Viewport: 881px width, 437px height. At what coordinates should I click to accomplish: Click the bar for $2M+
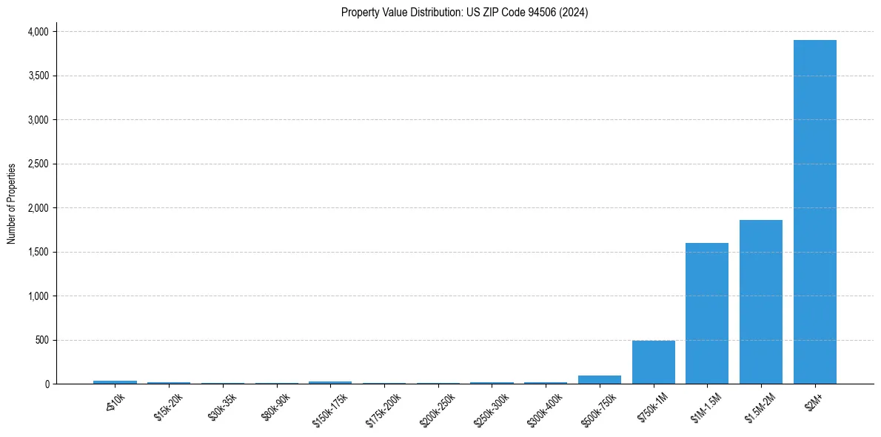814,212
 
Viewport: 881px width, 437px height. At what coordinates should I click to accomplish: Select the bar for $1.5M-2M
760,301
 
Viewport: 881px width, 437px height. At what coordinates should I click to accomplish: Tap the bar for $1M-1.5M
707,313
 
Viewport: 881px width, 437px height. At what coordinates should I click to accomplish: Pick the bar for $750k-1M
653,362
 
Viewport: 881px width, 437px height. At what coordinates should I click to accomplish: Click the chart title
464,13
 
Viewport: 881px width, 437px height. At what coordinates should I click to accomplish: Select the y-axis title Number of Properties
12,204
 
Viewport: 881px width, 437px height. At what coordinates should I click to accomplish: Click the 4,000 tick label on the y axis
38,32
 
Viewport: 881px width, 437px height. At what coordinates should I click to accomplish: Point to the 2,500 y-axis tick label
38,164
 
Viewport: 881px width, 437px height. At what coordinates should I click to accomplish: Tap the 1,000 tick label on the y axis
38,296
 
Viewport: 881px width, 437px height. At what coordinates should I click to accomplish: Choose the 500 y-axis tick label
42,340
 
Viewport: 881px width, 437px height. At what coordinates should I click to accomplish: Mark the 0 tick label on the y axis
47,384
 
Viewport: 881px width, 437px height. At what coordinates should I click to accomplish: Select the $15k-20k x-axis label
167,407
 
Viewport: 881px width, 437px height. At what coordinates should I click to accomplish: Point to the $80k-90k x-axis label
274,407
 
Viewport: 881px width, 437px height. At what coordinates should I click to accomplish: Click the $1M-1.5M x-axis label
704,408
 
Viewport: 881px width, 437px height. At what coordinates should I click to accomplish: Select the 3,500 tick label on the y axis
38,76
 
